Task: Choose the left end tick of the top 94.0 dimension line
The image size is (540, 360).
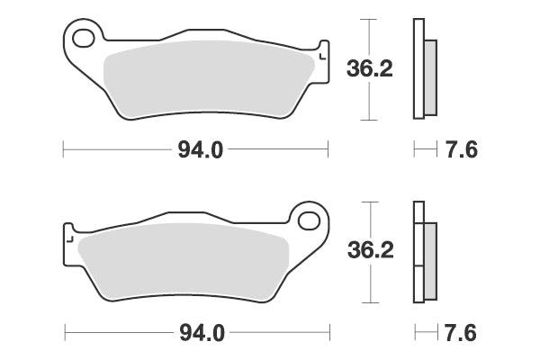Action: coord(63,149)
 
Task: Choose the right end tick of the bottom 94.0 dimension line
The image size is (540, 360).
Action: coord(328,332)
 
